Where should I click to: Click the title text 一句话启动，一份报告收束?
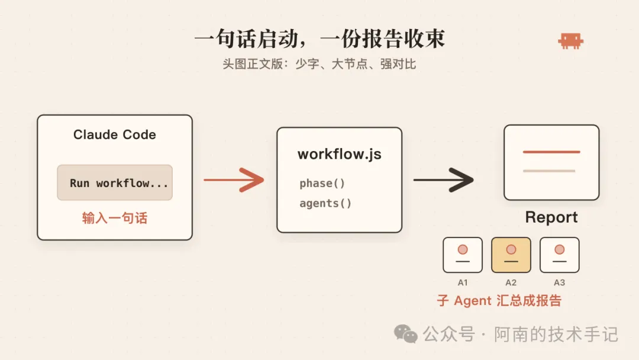320,38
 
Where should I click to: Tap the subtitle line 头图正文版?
319,64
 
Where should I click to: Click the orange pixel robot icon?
570,41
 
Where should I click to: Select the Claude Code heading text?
115,134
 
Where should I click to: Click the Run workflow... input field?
115,182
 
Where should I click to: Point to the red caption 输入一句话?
115,218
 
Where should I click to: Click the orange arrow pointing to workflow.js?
234,180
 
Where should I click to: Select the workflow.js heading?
340,154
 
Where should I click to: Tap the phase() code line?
322,184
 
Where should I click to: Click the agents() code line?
325,203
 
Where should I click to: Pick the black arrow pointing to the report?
443,180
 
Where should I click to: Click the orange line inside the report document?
551,152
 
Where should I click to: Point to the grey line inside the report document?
549,171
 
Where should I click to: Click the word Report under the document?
551,217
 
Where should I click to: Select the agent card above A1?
463,255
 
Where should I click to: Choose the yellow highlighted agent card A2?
511,255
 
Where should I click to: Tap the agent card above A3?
560,255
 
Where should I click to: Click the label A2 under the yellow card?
511,282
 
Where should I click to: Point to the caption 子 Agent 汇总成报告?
499,301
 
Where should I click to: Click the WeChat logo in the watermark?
405,334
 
